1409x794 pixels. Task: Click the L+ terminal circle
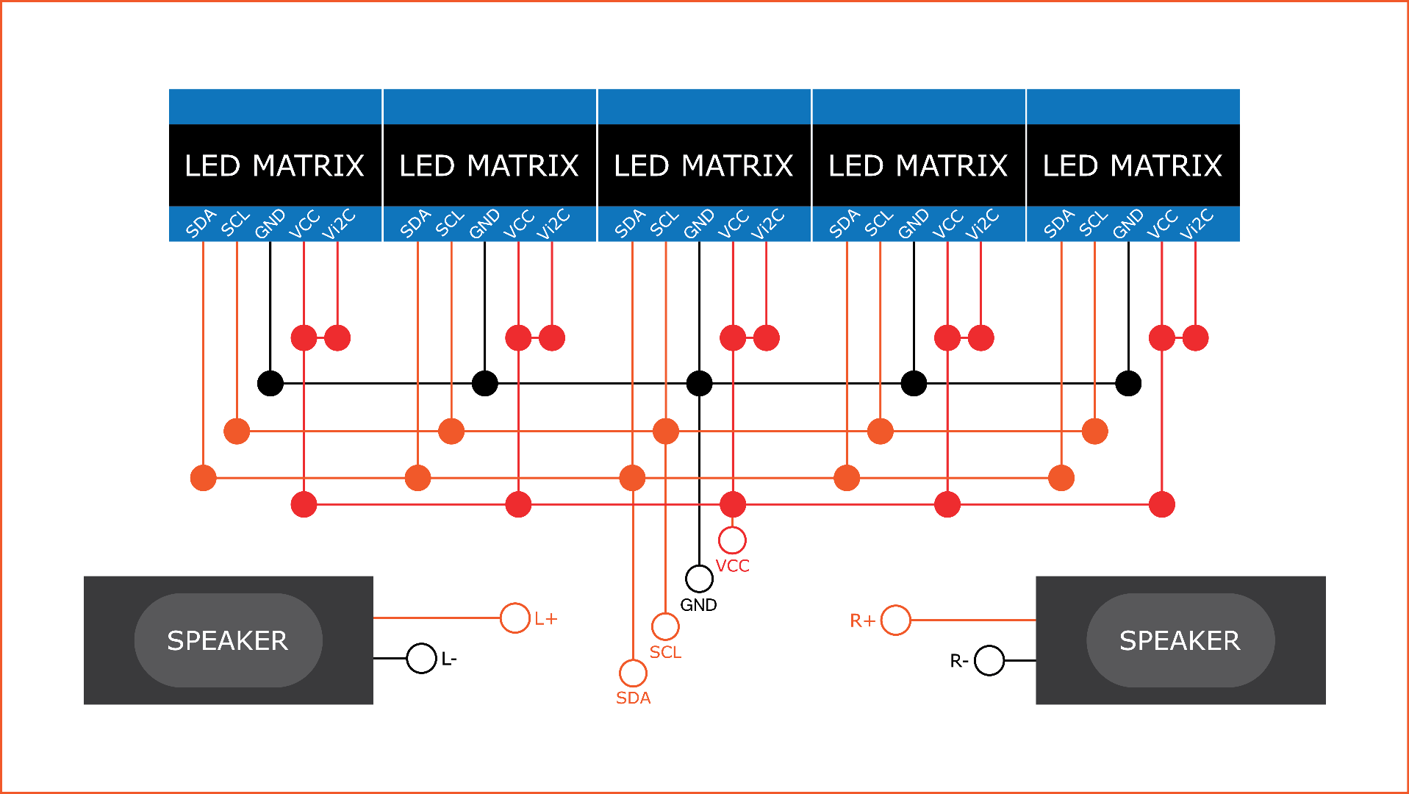pos(515,618)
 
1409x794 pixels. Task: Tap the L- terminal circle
pos(421,658)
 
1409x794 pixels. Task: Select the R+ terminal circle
pos(895,620)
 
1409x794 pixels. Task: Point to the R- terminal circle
pos(989,660)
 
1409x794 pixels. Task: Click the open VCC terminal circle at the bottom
pos(732,540)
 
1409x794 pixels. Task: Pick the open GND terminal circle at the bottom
pos(699,579)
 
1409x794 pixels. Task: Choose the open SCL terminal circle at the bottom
pos(665,626)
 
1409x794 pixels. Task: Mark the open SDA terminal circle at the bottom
pos(633,673)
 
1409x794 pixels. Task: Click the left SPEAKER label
pos(227,640)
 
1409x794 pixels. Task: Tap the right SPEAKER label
pos(1180,640)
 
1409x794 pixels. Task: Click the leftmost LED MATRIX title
pos(274,165)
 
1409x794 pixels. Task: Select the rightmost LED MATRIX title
pos(1132,165)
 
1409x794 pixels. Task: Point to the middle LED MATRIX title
pos(703,165)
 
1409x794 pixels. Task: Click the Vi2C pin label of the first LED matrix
pos(339,223)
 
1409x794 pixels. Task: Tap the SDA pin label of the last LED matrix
pos(1059,223)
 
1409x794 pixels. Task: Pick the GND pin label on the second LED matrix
pos(484,223)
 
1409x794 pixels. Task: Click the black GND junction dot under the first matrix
pos(270,383)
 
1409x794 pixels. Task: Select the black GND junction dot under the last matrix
pos(1128,383)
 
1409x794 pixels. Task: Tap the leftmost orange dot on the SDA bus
pos(204,478)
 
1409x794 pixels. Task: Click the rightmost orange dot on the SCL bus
pos(1094,431)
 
